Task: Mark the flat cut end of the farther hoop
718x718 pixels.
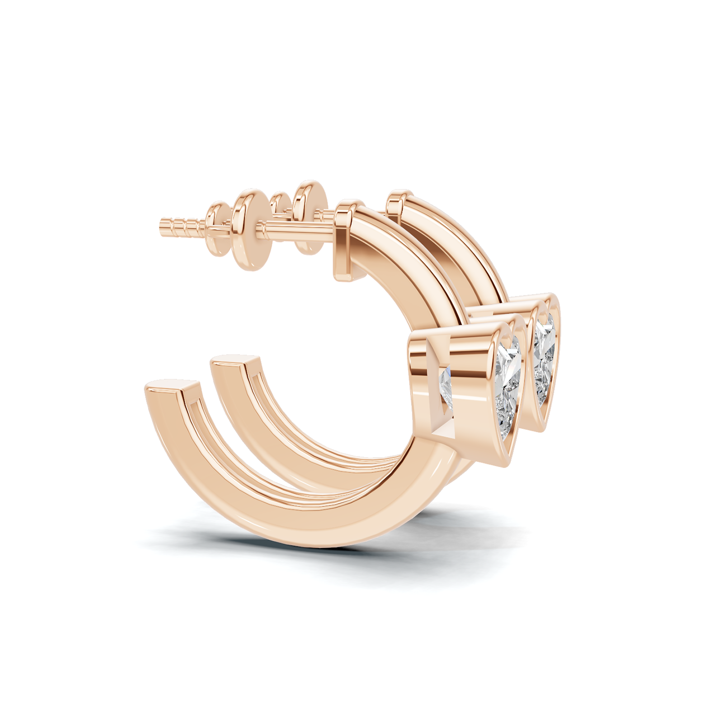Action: (235, 361)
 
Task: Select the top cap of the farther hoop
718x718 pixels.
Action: (399, 202)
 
